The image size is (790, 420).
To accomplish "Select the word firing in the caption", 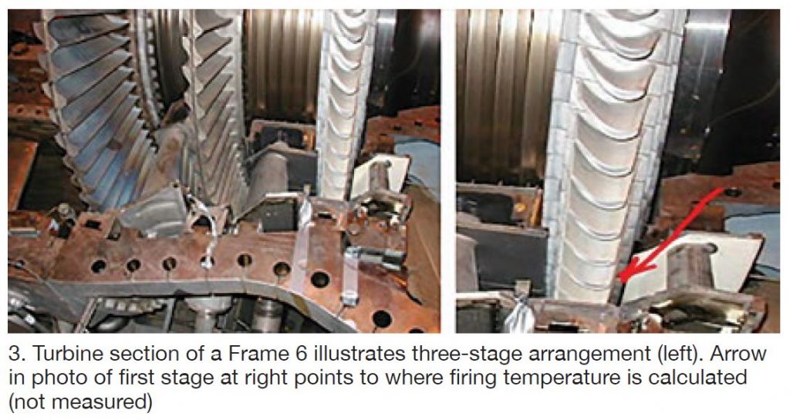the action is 474,378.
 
